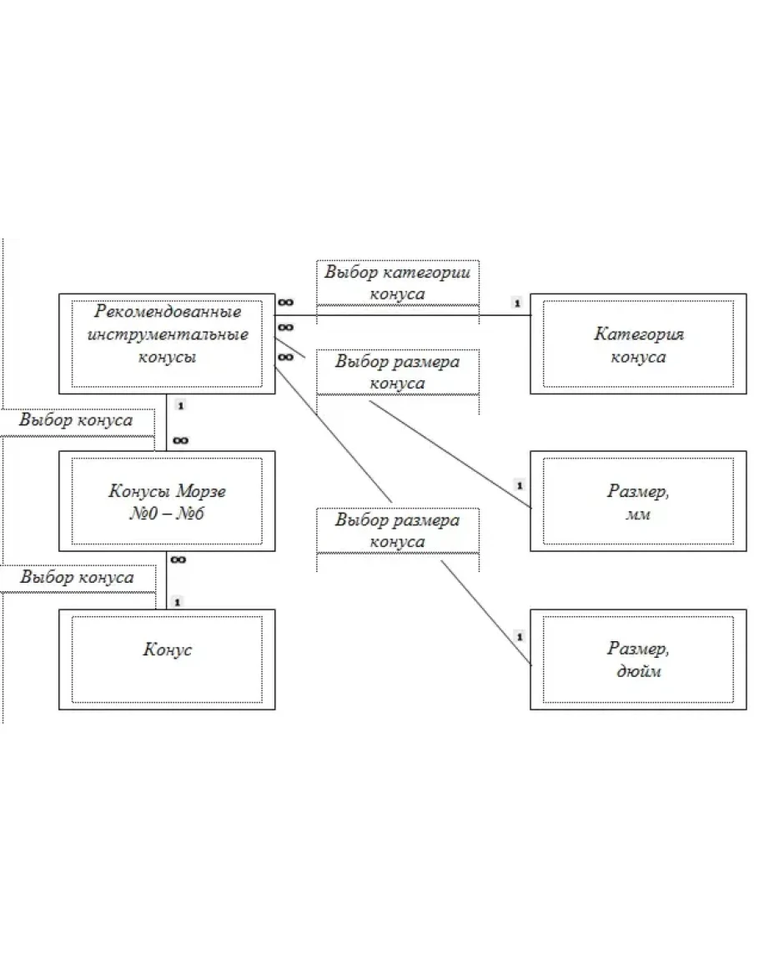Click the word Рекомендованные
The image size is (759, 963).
pyautogui.click(x=167, y=311)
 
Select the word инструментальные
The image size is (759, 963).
pyautogui.click(x=167, y=334)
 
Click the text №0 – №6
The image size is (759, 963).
pyautogui.click(x=167, y=514)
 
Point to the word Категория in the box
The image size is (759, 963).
pyautogui.click(x=639, y=334)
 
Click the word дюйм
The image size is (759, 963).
pyautogui.click(x=639, y=671)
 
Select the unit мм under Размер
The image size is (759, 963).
pyautogui.click(x=638, y=514)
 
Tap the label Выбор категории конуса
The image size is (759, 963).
pyautogui.click(x=398, y=283)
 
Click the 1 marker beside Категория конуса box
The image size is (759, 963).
pyautogui.click(x=517, y=303)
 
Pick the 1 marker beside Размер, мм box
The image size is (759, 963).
pyautogui.click(x=520, y=486)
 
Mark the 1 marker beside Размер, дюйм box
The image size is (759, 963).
pyautogui.click(x=520, y=637)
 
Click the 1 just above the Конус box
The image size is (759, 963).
pyautogui.click(x=178, y=602)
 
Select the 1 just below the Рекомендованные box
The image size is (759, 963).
pyautogui.click(x=180, y=406)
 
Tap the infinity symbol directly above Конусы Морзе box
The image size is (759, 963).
pyautogui.click(x=181, y=440)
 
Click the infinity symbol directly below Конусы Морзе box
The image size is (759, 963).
pyautogui.click(x=178, y=559)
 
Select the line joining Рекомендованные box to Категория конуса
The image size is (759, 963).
pyautogui.click(x=403, y=315)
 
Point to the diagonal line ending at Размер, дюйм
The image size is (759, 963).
pyautogui.click(x=486, y=613)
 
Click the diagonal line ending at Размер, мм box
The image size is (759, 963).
pyautogui.click(x=450, y=454)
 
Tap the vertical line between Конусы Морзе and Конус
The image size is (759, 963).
pyautogui.click(x=167, y=579)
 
